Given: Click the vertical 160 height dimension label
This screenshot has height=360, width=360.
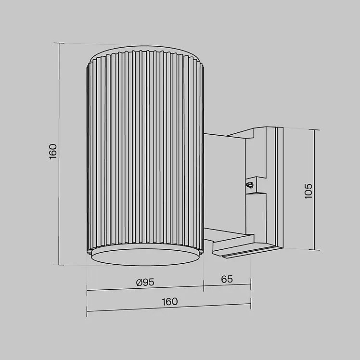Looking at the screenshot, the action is click(x=53, y=152).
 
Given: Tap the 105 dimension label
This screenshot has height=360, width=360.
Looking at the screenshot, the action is click(x=309, y=191).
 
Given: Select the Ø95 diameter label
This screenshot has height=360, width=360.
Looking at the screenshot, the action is click(x=145, y=283).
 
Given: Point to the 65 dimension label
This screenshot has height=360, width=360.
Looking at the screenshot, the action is click(x=227, y=279).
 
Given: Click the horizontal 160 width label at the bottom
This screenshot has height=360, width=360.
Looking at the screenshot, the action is click(x=170, y=302).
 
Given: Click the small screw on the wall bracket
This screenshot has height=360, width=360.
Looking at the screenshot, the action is click(x=250, y=185).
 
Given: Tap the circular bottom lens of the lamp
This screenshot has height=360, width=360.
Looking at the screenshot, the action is click(x=145, y=257).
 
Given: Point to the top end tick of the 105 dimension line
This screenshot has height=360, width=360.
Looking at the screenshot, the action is click(x=314, y=130).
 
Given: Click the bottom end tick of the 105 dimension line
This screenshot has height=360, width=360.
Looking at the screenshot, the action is click(x=314, y=250).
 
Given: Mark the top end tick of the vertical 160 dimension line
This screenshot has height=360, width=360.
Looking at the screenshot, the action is click(x=59, y=43).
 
